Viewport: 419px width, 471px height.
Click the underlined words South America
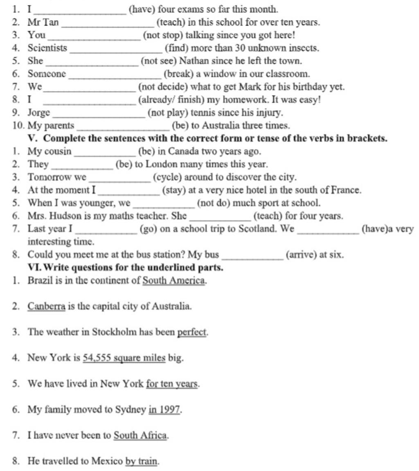tap(173, 281)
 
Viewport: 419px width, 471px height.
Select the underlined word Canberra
tap(46, 306)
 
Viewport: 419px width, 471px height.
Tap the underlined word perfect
tap(192, 332)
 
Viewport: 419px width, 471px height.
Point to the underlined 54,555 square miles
tap(124, 358)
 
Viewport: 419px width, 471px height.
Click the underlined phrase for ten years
tap(172, 384)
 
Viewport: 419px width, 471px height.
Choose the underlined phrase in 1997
tap(164, 410)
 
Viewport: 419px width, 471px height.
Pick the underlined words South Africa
tap(140, 435)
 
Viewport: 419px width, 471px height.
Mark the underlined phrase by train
tap(142, 461)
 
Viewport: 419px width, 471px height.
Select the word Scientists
tap(47, 48)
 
